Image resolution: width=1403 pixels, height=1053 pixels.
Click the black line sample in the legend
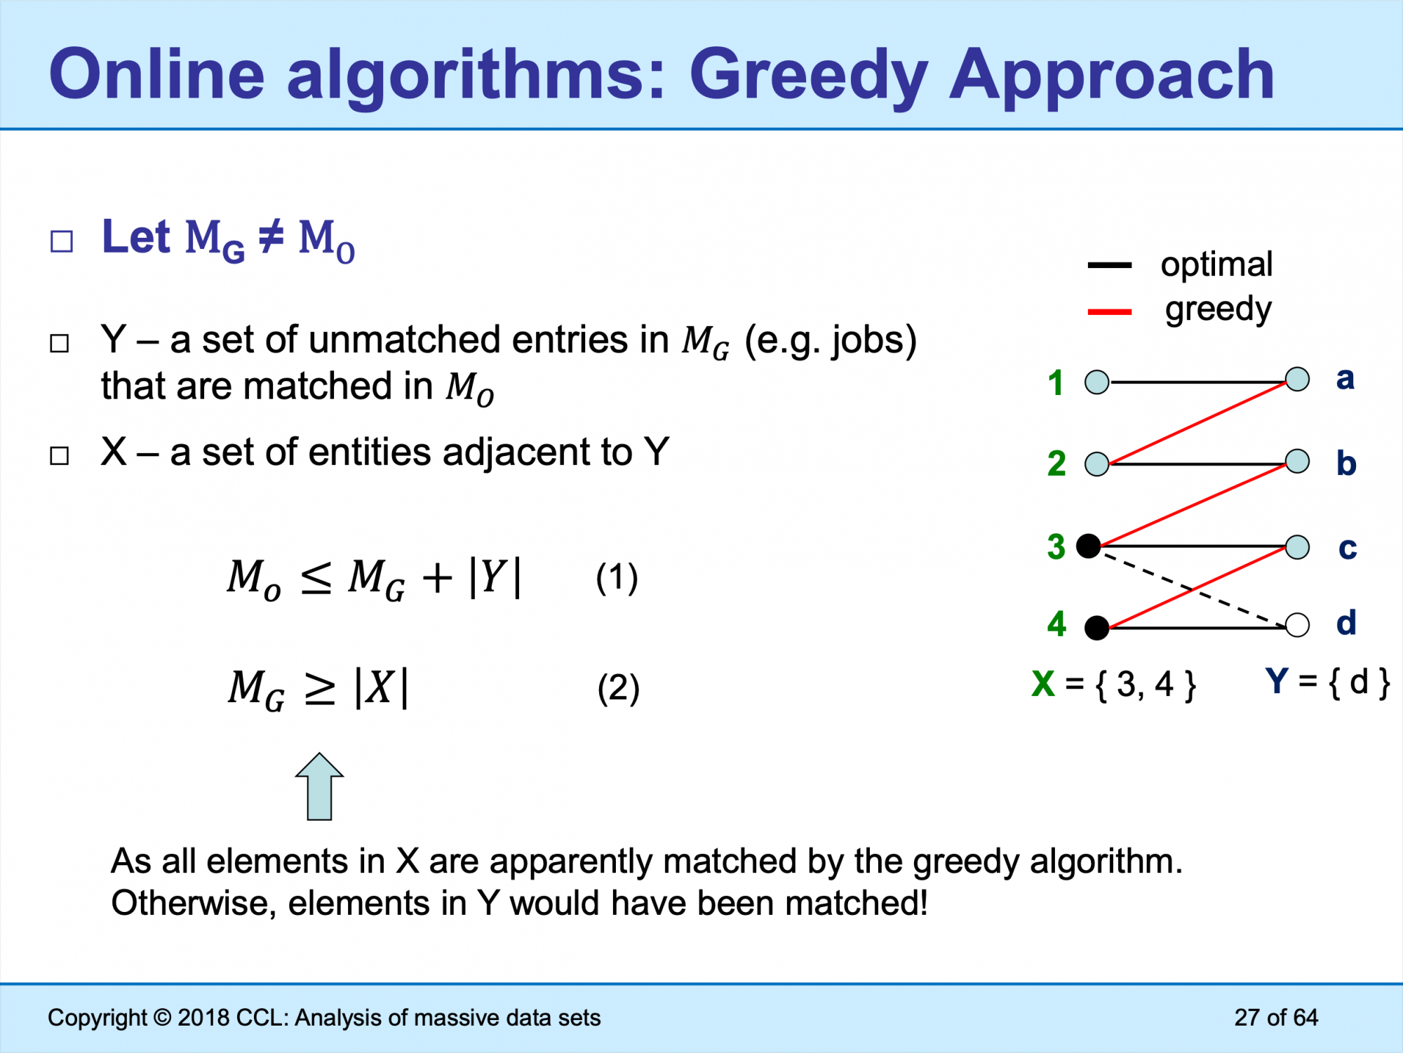click(1109, 265)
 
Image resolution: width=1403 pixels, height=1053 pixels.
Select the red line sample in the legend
click(1109, 311)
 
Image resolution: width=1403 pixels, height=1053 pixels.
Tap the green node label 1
click(1056, 383)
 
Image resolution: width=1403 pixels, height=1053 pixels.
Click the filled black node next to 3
click(1089, 546)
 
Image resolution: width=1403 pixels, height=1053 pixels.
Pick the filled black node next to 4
click(1097, 627)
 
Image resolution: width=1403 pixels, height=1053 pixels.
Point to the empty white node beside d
click(1297, 624)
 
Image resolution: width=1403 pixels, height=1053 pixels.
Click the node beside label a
click(1297, 379)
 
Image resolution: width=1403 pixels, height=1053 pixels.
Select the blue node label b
click(1346, 463)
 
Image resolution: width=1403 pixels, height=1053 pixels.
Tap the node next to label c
click(1297, 546)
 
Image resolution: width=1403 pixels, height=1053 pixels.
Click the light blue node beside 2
click(1097, 464)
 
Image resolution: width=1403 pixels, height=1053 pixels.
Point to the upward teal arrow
click(320, 786)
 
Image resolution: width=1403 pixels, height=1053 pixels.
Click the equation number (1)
click(617, 578)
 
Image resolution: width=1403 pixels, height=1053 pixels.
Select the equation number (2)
click(618, 688)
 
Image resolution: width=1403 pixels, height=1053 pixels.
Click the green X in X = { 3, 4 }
click(1043, 683)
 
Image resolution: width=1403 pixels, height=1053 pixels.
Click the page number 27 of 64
click(1276, 1017)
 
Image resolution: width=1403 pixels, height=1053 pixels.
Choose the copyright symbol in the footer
click(162, 1017)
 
